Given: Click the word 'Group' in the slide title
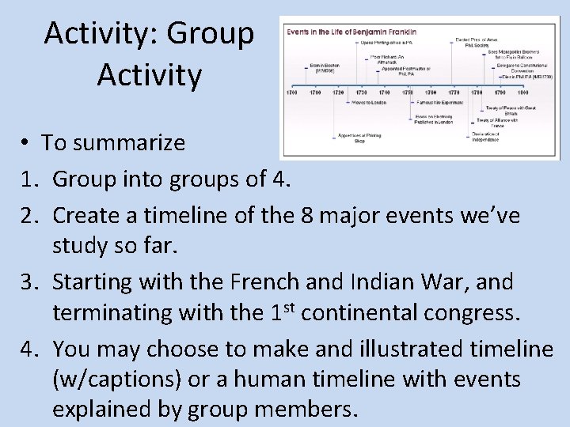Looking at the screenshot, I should coord(217,34).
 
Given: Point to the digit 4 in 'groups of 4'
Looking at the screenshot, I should coord(278,179).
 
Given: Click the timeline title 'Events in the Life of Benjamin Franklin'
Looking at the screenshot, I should coord(351,32).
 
